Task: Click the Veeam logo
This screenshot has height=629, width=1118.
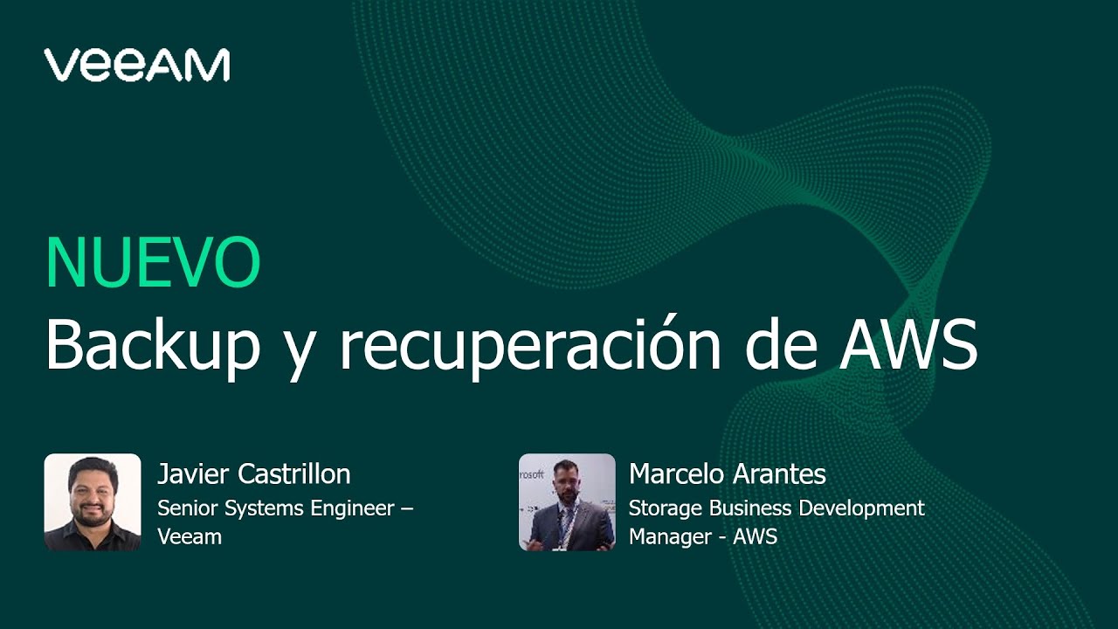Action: point(137,65)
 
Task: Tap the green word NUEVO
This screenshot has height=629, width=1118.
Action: point(153,263)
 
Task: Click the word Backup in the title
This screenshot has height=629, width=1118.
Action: point(153,344)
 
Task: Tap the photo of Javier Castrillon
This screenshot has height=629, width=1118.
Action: point(93,501)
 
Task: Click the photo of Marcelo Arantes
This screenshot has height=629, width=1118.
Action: point(567,501)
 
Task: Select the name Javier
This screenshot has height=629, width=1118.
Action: point(191,474)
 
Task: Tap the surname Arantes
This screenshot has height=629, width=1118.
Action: point(781,474)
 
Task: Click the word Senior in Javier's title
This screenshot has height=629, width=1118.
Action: point(183,508)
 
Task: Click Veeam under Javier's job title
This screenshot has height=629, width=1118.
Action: point(190,536)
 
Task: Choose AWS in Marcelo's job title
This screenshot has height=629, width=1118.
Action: point(756,536)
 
